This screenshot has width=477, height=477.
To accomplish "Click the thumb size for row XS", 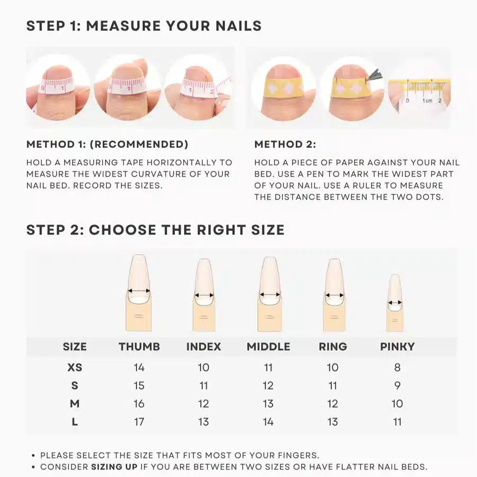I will tap(139, 367).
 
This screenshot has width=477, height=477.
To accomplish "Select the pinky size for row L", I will tap(397, 422).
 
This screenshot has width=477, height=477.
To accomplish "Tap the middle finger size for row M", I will tap(268, 404).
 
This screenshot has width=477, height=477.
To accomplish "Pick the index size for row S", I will tap(204, 385).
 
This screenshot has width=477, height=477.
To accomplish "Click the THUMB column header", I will tap(139, 347).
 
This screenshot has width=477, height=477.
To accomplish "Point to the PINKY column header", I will tap(397, 347).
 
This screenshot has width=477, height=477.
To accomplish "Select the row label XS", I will tap(75, 367).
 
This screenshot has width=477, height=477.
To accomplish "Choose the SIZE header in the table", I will tap(75, 347).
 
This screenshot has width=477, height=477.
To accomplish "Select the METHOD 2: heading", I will tap(285, 145).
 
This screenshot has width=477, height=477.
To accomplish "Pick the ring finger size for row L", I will tap(332, 422).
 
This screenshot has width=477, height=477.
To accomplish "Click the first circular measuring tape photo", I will tap(57, 87).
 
